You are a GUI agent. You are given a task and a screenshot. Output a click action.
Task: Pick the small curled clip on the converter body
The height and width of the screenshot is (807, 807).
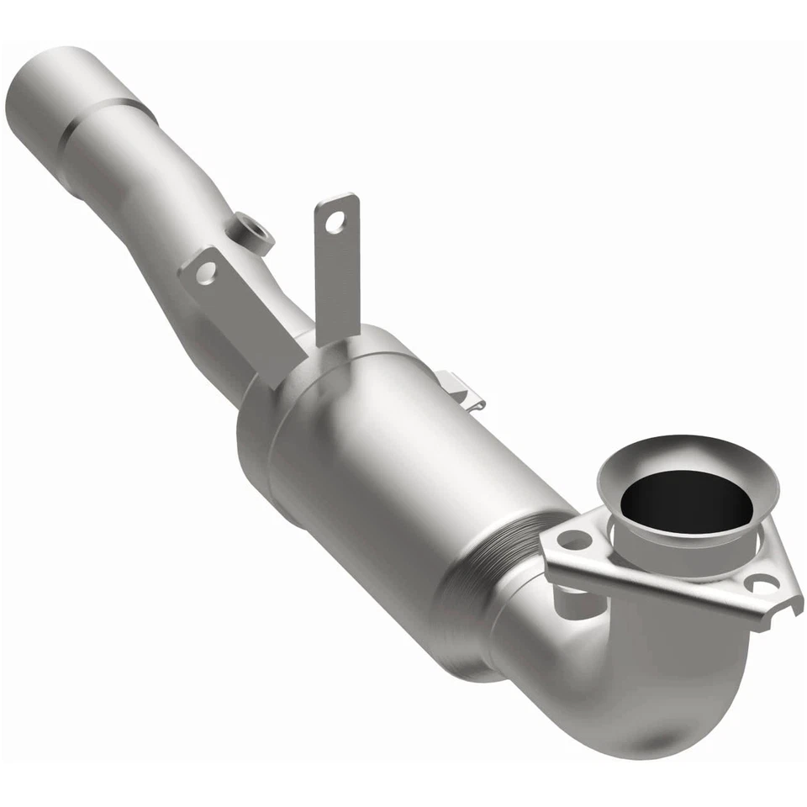point(461,391)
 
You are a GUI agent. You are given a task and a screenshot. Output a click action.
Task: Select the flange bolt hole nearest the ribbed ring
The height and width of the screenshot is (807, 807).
point(575,540)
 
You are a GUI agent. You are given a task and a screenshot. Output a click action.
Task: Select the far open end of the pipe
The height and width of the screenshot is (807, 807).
point(34,92)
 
